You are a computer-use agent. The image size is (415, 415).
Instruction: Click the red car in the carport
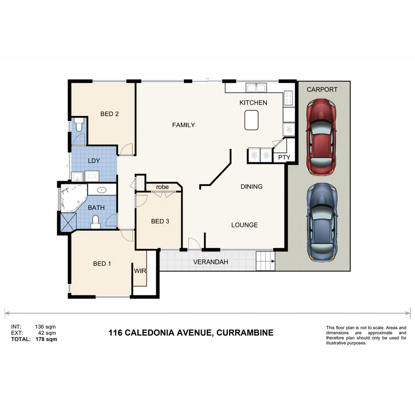[321, 137]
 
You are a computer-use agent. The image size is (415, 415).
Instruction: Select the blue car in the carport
[322, 222]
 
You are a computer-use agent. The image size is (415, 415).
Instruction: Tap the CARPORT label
[322, 90]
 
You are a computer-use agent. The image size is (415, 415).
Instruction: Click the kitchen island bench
[251, 120]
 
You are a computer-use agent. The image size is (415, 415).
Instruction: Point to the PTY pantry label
[284, 158]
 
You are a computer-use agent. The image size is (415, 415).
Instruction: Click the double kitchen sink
[256, 88]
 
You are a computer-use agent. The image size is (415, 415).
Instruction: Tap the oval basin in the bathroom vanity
[102, 189]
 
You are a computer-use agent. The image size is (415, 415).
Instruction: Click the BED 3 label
[160, 221]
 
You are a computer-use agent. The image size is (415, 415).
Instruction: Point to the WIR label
[140, 271]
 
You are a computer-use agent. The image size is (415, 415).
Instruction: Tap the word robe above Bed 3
[162, 187]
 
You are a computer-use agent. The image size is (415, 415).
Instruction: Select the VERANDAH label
[211, 262]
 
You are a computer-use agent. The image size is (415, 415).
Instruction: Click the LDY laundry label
[94, 161]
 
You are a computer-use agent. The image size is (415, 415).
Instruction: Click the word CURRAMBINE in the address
[245, 333]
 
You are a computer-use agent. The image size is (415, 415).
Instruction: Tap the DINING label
[251, 187]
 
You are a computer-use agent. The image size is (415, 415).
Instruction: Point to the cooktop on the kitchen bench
[289, 99]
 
